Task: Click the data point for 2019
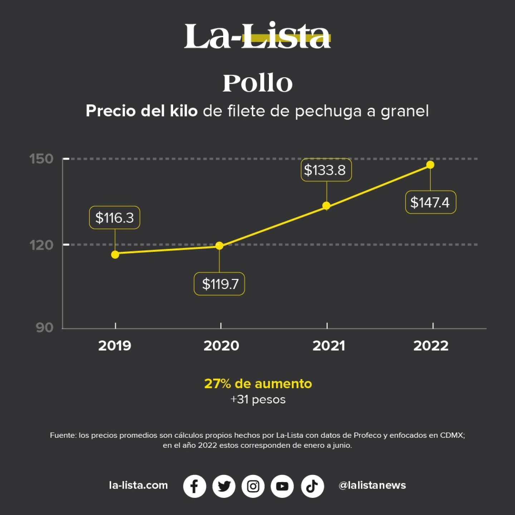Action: pyautogui.click(x=115, y=255)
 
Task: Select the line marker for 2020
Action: pyautogui.click(x=219, y=246)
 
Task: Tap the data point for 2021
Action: pyautogui.click(x=326, y=206)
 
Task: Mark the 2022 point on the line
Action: pyautogui.click(x=430, y=165)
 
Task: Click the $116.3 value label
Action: pyautogui.click(x=114, y=217)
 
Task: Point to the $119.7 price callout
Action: pyautogui.click(x=219, y=284)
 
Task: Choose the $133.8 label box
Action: pyautogui.click(x=326, y=170)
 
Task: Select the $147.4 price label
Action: pyautogui.click(x=430, y=202)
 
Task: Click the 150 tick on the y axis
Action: pyautogui.click(x=41, y=159)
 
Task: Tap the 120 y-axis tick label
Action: pyautogui.click(x=41, y=245)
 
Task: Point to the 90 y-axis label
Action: pyautogui.click(x=45, y=327)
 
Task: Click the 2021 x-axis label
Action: pyautogui.click(x=329, y=345)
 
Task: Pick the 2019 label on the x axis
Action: pyautogui.click(x=115, y=345)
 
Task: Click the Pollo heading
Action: pyautogui.click(x=257, y=83)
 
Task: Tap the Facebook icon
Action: pyautogui.click(x=195, y=486)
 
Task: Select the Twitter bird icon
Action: pyautogui.click(x=224, y=486)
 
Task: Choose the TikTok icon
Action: pyautogui.click(x=312, y=486)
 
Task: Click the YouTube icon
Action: pyautogui.click(x=282, y=486)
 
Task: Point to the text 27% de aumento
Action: pyautogui.click(x=258, y=383)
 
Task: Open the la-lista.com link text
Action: pyautogui.click(x=138, y=485)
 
